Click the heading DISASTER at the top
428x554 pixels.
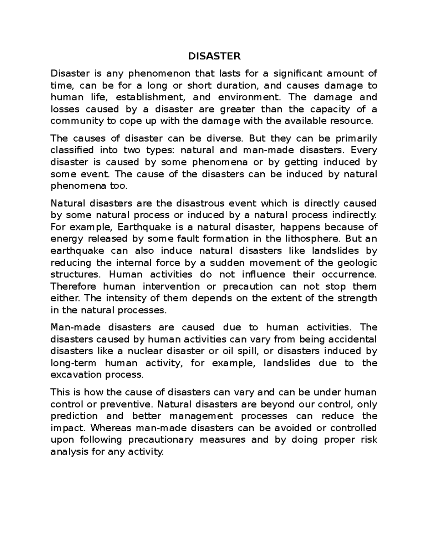[x=214, y=56]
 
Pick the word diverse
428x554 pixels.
[x=225, y=138]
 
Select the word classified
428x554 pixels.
[x=72, y=150]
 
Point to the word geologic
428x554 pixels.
[x=358, y=263]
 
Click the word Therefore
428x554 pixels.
[x=73, y=286]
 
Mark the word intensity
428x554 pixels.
[x=124, y=298]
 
